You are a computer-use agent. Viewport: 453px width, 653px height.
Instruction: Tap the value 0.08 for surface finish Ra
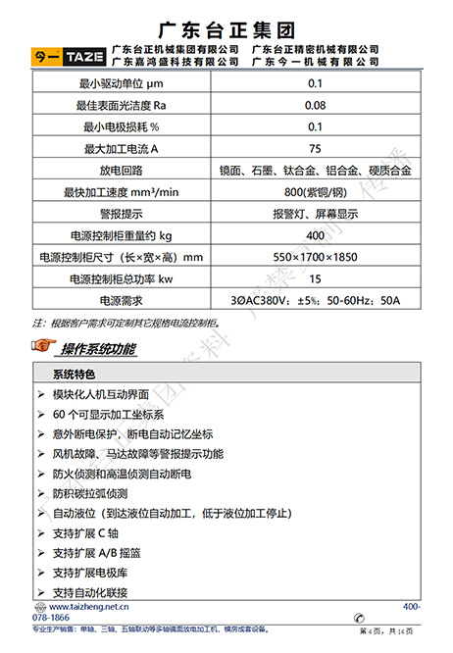tap(315, 105)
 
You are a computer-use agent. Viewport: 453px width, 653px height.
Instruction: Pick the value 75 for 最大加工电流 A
tap(315, 148)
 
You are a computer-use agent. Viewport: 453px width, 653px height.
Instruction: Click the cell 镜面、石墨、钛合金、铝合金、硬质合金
tap(315, 170)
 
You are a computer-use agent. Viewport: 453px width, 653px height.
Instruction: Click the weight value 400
tap(315, 235)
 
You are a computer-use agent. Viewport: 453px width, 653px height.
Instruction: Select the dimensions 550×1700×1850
tap(315, 257)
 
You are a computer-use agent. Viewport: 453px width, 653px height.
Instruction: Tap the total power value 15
tap(315, 278)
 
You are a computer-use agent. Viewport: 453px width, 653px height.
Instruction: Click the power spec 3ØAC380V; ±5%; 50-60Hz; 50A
tap(315, 300)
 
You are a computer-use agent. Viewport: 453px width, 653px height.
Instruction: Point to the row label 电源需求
tap(125, 300)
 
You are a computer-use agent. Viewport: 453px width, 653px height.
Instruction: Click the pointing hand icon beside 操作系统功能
tap(43, 347)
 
